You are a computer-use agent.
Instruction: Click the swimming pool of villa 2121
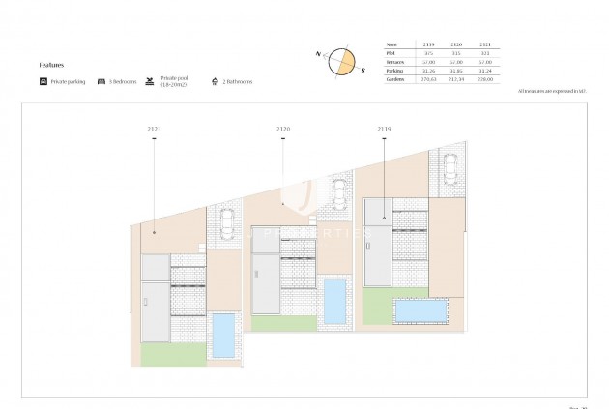(x=223, y=335)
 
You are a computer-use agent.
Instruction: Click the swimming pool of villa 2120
(x=334, y=302)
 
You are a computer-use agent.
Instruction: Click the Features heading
(x=51, y=65)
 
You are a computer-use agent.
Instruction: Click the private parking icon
(x=43, y=82)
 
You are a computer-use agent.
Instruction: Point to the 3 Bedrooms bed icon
(x=101, y=82)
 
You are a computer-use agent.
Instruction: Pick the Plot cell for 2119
(x=429, y=53)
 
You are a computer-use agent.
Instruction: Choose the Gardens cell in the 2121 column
(x=485, y=79)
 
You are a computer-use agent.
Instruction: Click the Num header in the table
(x=391, y=44)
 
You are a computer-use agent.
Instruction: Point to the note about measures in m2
(x=553, y=90)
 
